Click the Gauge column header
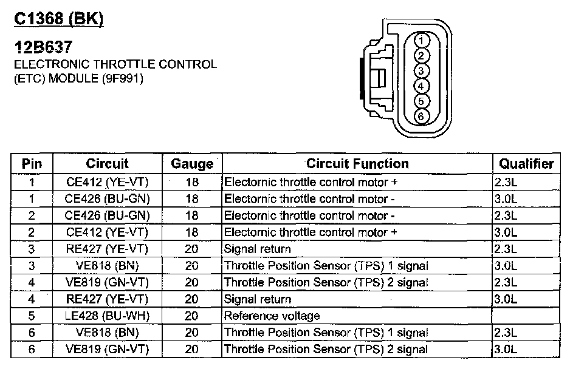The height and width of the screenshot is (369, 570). pyautogui.click(x=192, y=164)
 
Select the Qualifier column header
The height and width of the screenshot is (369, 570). pyautogui.click(x=526, y=164)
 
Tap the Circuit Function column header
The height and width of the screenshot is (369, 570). pyautogui.click(x=357, y=164)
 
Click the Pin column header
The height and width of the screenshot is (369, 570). pyautogui.click(x=32, y=164)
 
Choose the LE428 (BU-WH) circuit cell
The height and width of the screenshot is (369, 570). pyautogui.click(x=107, y=316)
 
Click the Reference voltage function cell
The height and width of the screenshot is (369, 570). pyautogui.click(x=272, y=316)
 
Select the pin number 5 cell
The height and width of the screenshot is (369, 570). pyautogui.click(x=32, y=316)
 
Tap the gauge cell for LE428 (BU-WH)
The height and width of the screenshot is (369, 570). pyautogui.click(x=192, y=316)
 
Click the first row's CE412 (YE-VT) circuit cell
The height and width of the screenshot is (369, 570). pyautogui.click(x=107, y=181)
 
